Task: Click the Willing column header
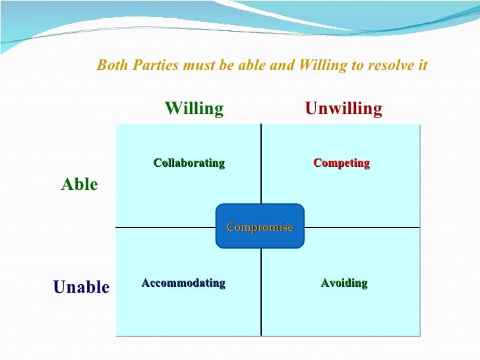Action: click(194, 109)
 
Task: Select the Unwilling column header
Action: click(344, 109)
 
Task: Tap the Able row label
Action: click(79, 185)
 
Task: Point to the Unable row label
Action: click(81, 287)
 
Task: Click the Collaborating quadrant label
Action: click(189, 163)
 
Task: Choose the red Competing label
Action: click(342, 163)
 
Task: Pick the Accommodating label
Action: click(183, 283)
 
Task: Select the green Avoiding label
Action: click(344, 284)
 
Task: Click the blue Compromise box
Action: click(260, 226)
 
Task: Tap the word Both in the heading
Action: click(111, 66)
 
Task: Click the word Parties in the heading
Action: click(151, 66)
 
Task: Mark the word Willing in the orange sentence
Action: click(321, 66)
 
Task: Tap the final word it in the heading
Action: click(423, 66)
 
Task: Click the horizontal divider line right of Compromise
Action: click(363, 227)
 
